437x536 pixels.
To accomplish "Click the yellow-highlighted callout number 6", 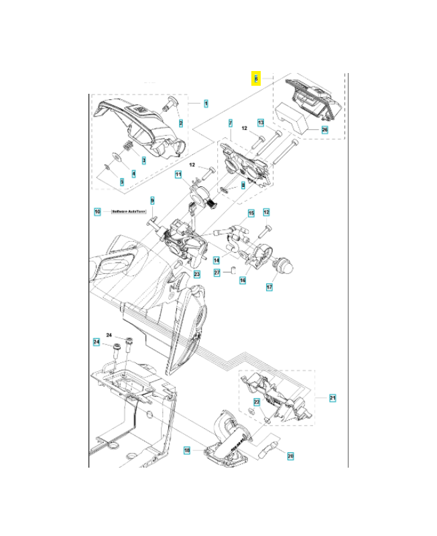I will click(x=255, y=78).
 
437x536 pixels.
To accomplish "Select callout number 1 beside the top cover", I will click(x=206, y=104).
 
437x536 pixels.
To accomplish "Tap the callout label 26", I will click(x=324, y=129).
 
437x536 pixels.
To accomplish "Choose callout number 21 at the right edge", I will click(x=332, y=399).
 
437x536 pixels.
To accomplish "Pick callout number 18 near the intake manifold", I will click(x=187, y=450).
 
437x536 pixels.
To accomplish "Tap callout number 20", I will click(x=290, y=456).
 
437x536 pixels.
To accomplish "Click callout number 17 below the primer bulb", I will click(x=269, y=287).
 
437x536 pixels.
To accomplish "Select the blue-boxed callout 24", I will click(x=97, y=342).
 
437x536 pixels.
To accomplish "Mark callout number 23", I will click(x=197, y=274).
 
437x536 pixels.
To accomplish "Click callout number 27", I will click(x=216, y=273).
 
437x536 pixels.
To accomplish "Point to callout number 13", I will click(x=261, y=123).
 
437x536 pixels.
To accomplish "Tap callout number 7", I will click(x=230, y=124).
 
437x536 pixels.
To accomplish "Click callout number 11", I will click(x=179, y=175).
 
